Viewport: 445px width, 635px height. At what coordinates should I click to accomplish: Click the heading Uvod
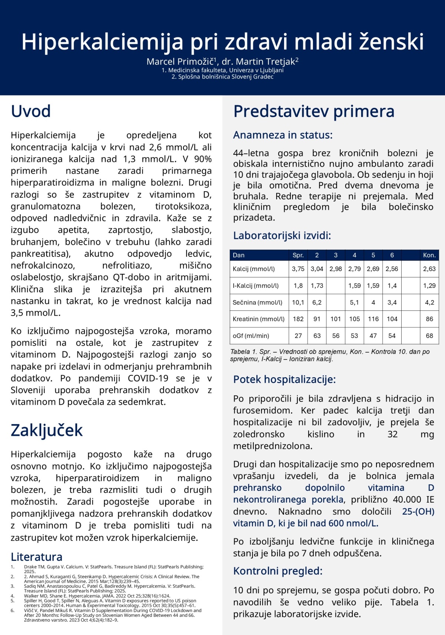pos(31,112)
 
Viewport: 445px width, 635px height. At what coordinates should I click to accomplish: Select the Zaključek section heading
pos(47,430)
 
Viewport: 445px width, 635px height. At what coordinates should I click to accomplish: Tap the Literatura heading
pos(36,557)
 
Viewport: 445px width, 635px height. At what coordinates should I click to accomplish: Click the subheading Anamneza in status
pos(283,135)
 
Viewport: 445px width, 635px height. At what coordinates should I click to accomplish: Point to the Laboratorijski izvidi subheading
pos(282,236)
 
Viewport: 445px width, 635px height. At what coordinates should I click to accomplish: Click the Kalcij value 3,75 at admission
pos(298,269)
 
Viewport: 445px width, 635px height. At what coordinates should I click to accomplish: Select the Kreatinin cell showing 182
pos(298,319)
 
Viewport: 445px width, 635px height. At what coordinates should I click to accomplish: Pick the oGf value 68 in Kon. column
pos(429,336)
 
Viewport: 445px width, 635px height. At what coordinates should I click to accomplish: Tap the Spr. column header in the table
pos(298,255)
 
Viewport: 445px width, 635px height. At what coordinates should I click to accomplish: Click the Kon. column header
pos(429,255)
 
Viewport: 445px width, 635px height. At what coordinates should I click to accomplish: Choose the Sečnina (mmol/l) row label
pos(257,302)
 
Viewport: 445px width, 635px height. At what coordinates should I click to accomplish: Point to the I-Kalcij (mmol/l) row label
pos(256,286)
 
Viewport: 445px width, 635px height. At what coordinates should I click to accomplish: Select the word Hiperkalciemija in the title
pos(102,42)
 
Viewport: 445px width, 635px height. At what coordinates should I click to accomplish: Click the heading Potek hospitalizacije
pos(284,379)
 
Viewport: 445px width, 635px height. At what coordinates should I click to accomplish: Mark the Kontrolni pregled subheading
pos(278,571)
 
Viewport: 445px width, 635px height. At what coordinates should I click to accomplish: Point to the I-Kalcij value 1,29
pos(429,286)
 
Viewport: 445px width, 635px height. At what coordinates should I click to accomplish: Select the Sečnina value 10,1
pos(298,302)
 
